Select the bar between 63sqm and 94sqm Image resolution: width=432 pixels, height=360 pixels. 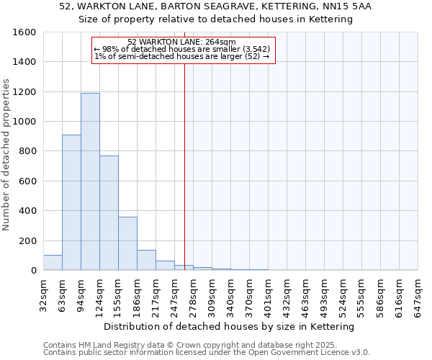[71, 202]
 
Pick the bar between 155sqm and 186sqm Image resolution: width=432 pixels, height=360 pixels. [127, 243]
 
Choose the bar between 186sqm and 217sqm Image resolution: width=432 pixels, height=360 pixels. [146, 260]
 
